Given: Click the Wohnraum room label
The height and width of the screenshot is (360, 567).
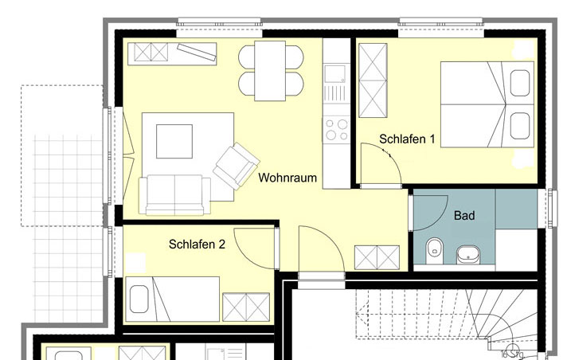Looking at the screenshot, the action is [287, 178].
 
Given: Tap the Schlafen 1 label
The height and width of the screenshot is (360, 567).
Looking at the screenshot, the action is [407, 139].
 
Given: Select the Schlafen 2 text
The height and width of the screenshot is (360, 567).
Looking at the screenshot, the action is [197, 245].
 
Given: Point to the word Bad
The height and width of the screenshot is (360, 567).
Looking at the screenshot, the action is [464, 216].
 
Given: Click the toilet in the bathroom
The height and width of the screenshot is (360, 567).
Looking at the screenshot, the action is [434, 250].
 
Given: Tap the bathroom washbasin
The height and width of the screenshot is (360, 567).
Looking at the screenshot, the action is [468, 254].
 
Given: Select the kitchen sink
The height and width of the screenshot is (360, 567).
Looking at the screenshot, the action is [334, 74].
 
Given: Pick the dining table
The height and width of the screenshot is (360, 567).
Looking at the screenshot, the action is [270, 71].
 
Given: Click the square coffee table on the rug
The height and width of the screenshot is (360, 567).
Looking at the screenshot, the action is [174, 142].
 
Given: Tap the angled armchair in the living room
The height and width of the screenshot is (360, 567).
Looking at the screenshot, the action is [237, 166].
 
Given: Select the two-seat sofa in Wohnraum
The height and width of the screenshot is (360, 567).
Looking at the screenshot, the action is [174, 195].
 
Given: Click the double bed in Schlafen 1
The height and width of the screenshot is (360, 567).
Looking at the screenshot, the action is [487, 104].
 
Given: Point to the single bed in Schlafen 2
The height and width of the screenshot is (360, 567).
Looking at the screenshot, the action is [172, 299].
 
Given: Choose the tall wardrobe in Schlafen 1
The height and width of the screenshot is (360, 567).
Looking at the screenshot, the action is [373, 80].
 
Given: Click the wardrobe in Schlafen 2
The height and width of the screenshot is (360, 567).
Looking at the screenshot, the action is [246, 307].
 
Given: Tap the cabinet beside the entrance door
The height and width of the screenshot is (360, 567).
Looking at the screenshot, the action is [377, 257].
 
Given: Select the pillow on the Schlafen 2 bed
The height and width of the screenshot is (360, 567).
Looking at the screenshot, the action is [139, 299].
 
